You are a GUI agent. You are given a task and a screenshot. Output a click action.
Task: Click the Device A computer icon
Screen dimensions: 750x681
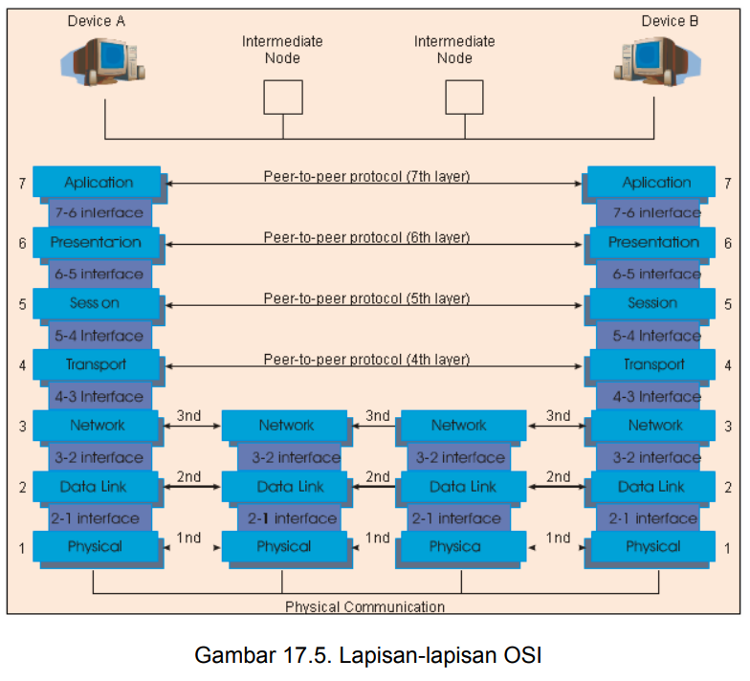(103, 62)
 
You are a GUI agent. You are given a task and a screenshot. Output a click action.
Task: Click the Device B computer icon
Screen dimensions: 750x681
(657, 62)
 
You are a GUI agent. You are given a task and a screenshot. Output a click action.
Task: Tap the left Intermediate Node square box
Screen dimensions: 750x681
(283, 98)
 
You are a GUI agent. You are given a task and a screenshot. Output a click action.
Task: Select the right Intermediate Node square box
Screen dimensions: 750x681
(465, 98)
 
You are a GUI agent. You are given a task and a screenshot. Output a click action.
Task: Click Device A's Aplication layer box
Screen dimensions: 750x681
(97, 182)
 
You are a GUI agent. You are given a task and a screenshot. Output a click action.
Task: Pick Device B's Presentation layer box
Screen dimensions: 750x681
(652, 243)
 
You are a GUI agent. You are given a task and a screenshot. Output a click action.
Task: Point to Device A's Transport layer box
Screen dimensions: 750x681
(96, 365)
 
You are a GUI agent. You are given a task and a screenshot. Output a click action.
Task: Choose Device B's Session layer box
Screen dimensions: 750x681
(652, 304)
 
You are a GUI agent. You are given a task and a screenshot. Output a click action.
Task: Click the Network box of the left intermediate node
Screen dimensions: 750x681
(285, 425)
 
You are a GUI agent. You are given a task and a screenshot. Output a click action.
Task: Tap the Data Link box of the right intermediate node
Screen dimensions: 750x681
(463, 486)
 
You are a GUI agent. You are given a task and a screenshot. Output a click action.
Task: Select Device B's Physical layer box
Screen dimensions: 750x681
(652, 546)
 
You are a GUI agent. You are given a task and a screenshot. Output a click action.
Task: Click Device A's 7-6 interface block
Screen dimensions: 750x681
(99, 212)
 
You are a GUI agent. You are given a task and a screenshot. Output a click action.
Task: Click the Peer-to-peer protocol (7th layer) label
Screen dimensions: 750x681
(367, 176)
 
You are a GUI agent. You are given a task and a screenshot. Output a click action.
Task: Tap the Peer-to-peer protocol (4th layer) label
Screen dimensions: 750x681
(367, 360)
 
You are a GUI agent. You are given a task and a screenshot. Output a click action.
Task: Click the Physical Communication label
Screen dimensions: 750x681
(365, 606)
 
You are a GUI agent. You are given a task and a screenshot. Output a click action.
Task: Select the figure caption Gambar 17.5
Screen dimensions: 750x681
(262, 655)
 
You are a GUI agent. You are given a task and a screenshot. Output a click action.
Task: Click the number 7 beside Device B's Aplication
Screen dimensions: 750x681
(727, 184)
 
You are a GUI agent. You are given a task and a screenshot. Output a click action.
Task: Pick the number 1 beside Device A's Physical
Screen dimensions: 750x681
(22, 548)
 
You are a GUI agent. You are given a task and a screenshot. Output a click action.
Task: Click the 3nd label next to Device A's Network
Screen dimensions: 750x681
(189, 415)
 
